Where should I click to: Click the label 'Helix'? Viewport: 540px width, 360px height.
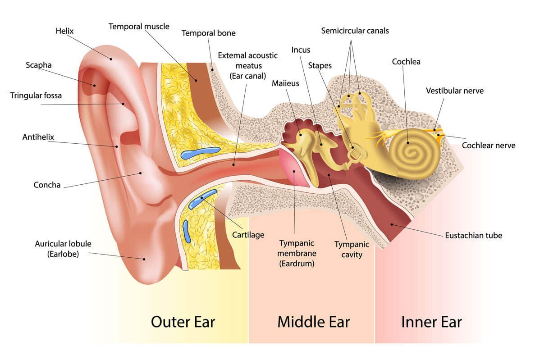point(64,31)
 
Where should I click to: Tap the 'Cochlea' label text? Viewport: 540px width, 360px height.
point(406,61)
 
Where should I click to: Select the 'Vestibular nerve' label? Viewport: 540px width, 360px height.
point(454,91)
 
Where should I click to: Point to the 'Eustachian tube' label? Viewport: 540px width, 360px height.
point(473,235)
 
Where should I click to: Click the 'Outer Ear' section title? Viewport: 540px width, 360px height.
point(183,322)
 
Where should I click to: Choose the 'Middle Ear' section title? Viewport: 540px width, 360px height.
point(313,322)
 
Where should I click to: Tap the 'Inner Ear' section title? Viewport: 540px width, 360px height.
point(431,322)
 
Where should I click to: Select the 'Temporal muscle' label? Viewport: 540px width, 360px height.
point(139,27)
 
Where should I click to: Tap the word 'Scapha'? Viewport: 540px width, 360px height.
point(38,65)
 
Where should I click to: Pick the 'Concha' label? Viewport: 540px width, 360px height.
point(47,185)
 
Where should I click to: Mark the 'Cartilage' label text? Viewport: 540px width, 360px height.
point(248,235)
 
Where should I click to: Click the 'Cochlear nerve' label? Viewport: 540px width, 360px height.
point(489,145)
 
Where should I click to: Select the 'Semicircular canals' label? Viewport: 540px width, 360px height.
point(355,31)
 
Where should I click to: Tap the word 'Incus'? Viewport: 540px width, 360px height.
point(301,50)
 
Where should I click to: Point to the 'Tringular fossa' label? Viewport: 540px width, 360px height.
point(36,96)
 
